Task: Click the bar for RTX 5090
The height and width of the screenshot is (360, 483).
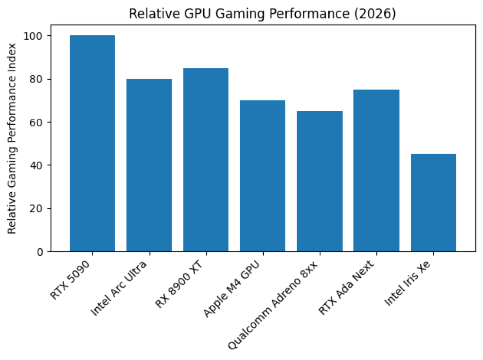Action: tap(92, 143)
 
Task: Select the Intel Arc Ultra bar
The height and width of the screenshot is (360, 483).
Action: tap(149, 165)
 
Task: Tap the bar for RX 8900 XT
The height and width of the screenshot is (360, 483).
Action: tap(206, 160)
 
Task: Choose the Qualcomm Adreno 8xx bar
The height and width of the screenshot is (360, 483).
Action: tap(319, 181)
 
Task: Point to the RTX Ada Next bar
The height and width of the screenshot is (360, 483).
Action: tap(376, 171)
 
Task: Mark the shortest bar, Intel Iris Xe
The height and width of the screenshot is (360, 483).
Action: tap(433, 203)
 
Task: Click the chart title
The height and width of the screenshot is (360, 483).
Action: tap(262, 14)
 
